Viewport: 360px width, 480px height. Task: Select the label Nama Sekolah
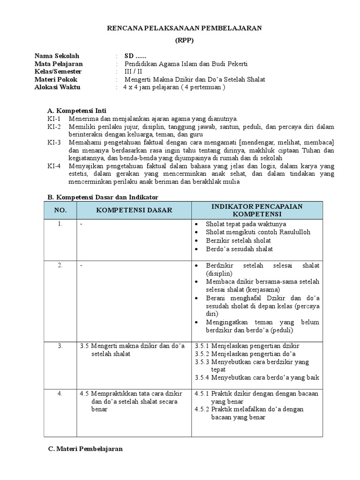(57, 56)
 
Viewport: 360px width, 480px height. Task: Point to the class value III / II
(133, 72)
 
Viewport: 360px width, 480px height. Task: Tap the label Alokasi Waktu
(57, 87)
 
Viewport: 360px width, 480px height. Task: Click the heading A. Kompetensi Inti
(77, 111)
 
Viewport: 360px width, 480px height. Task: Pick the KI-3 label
(54, 142)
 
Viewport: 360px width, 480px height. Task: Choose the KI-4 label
(54, 166)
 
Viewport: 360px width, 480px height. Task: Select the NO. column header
(60, 210)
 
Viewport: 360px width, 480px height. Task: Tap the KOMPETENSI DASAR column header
(134, 210)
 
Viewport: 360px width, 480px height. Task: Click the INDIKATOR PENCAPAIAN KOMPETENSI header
(256, 210)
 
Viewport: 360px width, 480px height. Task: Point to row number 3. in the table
(60, 346)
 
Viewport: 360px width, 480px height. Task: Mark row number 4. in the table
(60, 393)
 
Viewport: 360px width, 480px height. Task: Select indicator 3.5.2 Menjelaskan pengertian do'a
(245, 354)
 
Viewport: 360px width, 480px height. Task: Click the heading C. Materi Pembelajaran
(85, 449)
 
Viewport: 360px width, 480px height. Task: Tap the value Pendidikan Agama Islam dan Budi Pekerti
(186, 64)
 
